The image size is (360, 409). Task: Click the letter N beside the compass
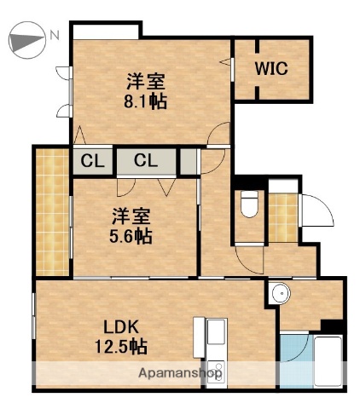tap(54, 36)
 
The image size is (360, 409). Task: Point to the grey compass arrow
tap(26, 38)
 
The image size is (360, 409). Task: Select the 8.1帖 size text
tap(147, 101)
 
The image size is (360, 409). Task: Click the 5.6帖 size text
tap(132, 236)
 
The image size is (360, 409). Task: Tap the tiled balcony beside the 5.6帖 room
tap(52, 212)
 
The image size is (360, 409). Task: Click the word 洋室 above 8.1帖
tap(146, 83)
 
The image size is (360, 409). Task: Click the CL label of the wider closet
tap(145, 160)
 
